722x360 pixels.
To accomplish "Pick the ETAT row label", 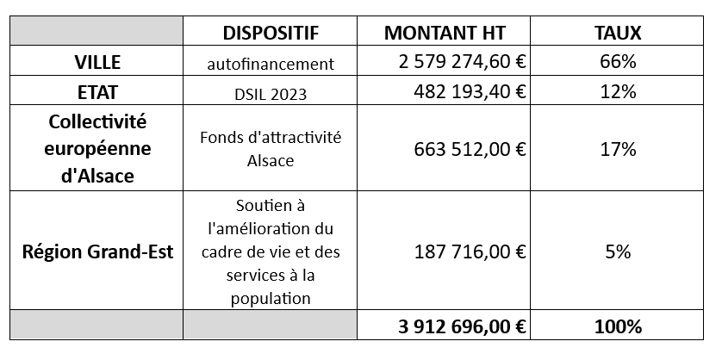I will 96,90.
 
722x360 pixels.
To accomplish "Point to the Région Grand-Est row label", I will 96,252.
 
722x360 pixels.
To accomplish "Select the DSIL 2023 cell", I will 270,91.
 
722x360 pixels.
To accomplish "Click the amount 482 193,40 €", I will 469,90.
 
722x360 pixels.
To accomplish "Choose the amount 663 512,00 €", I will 469,148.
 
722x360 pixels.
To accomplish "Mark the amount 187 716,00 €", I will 469,252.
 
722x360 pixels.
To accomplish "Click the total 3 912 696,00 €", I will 463,327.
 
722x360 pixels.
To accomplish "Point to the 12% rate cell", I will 618,90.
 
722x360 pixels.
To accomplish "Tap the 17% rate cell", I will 618,148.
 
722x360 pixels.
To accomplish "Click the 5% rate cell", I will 618,252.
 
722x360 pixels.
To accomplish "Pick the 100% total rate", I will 618,327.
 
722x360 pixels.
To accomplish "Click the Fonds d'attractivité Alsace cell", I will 270,148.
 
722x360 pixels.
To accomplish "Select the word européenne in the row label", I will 96,148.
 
